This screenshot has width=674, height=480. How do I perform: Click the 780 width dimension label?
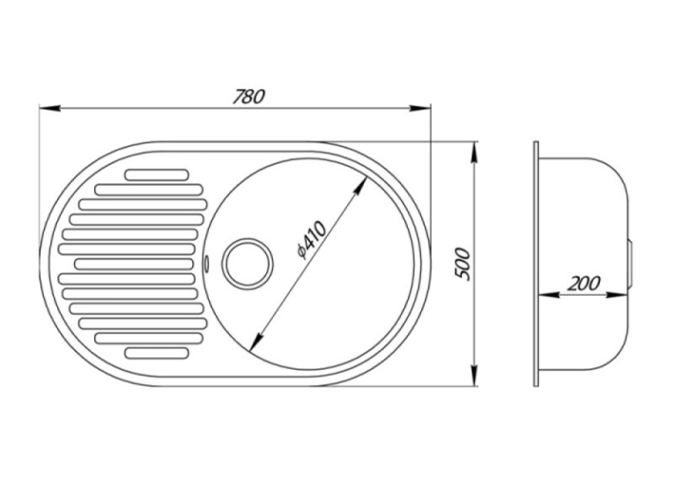tap(248, 97)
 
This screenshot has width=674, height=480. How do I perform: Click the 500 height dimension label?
tap(463, 264)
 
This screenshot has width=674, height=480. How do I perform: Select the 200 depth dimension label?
tap(582, 284)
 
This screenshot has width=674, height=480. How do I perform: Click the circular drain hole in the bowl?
tap(248, 263)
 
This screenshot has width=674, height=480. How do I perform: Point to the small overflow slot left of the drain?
tap(207, 263)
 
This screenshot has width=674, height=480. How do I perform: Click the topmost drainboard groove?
tap(157, 174)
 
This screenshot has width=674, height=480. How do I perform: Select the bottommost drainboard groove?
tap(157, 352)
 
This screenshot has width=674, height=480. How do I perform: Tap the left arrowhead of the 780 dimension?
tap(49, 108)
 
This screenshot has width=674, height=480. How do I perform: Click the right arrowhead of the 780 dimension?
tap(419, 108)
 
